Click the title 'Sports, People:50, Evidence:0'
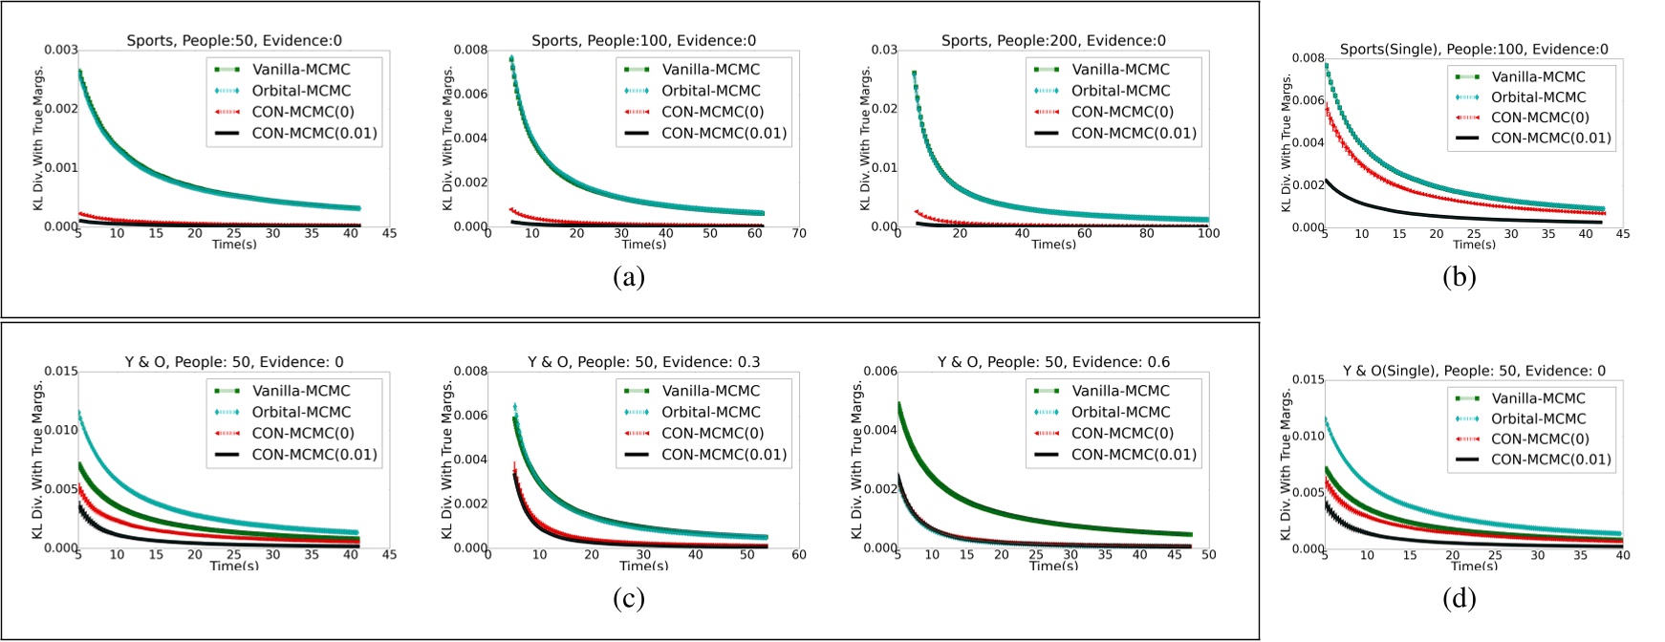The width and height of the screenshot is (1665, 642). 234,41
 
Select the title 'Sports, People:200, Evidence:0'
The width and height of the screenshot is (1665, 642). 1053,41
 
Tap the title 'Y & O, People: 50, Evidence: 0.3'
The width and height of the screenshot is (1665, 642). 643,362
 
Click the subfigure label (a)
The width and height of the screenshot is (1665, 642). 628,277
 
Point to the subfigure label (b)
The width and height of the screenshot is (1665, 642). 1459,277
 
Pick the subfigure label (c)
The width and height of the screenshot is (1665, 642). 628,598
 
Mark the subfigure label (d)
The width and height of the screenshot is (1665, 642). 1459,598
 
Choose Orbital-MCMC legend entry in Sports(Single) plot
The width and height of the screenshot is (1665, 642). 1538,97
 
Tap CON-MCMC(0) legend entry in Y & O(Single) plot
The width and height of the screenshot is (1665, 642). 1539,439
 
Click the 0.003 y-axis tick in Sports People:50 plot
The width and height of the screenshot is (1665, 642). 61,50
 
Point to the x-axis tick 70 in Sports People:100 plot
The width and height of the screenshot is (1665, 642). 799,233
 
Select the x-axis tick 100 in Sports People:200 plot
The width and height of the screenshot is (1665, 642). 1208,233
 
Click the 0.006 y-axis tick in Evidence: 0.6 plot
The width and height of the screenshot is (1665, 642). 880,372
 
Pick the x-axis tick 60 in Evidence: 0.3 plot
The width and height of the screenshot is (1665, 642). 799,554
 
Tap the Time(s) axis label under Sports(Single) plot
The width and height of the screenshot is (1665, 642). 1474,245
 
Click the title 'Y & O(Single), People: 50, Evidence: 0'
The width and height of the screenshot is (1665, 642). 1474,371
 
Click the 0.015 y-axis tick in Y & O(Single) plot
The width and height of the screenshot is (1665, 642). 1308,380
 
